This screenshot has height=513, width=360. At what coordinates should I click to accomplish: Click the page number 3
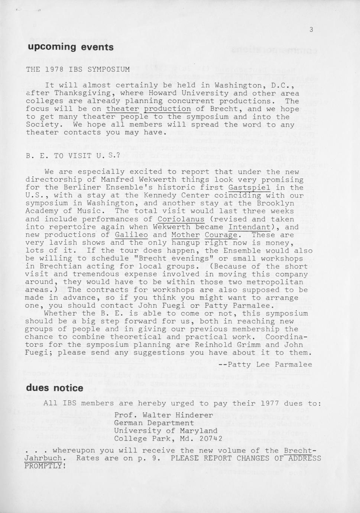(311, 30)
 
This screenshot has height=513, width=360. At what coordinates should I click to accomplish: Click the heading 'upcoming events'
(70, 47)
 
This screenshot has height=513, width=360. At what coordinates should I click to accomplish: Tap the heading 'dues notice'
(55, 388)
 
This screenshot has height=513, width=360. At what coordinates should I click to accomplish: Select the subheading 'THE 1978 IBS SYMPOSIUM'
(78, 70)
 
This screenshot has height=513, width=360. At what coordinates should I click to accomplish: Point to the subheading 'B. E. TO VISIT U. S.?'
(73, 156)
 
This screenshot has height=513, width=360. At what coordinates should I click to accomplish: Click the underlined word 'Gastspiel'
(249, 188)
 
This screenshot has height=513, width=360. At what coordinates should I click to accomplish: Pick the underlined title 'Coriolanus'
(181, 219)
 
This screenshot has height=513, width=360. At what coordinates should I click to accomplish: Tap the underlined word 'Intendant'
(249, 227)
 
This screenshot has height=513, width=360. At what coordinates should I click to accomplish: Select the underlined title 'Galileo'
(131, 235)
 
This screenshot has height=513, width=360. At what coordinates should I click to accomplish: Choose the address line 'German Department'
(154, 423)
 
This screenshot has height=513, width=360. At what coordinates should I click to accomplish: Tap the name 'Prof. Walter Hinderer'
(163, 415)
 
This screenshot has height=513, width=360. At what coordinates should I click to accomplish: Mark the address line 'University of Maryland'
(166, 431)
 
